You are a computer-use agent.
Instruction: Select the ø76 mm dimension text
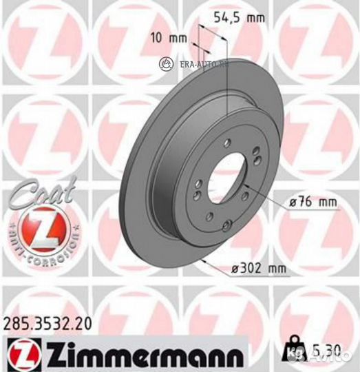(x=313, y=203)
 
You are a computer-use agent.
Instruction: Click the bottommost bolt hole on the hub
(x=226, y=222)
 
